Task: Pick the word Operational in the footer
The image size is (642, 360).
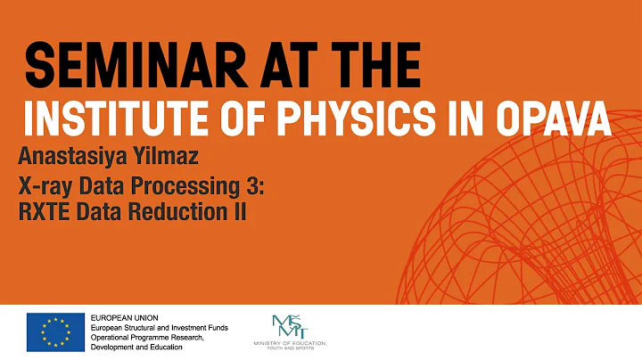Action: [115, 338]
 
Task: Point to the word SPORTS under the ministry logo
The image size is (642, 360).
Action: [315, 349]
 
